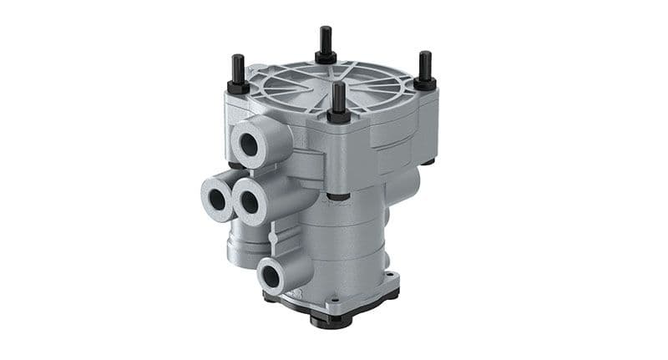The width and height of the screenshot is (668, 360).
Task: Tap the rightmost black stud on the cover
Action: coord(425,64)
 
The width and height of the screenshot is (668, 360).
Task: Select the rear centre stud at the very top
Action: coord(326,39)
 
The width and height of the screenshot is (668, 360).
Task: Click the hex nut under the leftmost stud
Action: coord(238,87)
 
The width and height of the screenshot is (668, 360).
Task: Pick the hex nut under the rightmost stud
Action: coord(425,83)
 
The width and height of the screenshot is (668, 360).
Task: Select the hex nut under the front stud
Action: coord(339,114)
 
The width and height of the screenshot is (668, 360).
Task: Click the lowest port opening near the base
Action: coord(274,275)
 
